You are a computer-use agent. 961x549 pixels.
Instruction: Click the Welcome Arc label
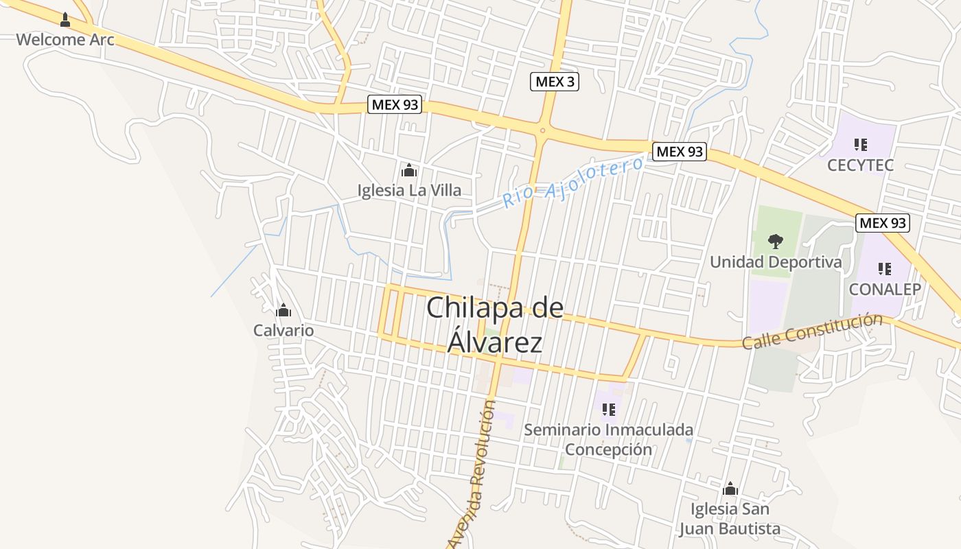click(65, 39)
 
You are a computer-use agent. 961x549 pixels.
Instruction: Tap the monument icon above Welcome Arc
click(65, 19)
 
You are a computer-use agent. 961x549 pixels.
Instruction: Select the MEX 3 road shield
click(555, 82)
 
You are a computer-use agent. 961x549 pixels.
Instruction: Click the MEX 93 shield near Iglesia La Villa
click(395, 105)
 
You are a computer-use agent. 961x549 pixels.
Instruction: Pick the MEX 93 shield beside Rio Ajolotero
click(679, 152)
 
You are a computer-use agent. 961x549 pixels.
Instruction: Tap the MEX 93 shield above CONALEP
click(883, 222)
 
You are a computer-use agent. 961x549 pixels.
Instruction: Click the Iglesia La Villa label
click(409, 190)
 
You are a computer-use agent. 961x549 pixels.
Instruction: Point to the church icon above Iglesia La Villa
click(409, 170)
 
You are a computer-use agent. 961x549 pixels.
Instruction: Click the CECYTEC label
click(860, 165)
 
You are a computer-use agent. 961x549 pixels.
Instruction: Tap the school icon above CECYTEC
click(860, 145)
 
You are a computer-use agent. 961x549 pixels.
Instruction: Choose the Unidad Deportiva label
click(776, 261)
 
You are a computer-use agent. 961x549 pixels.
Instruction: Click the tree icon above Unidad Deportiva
click(776, 242)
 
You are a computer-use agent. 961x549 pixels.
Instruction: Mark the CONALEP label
click(885, 289)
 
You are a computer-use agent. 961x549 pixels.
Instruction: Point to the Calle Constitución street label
click(812, 331)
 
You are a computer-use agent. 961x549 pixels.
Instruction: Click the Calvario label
click(283, 330)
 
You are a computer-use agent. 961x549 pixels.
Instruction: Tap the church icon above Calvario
click(283, 311)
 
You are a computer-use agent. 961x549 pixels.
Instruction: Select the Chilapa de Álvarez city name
click(495, 325)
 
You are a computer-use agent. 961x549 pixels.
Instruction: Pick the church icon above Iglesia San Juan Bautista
click(730, 489)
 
